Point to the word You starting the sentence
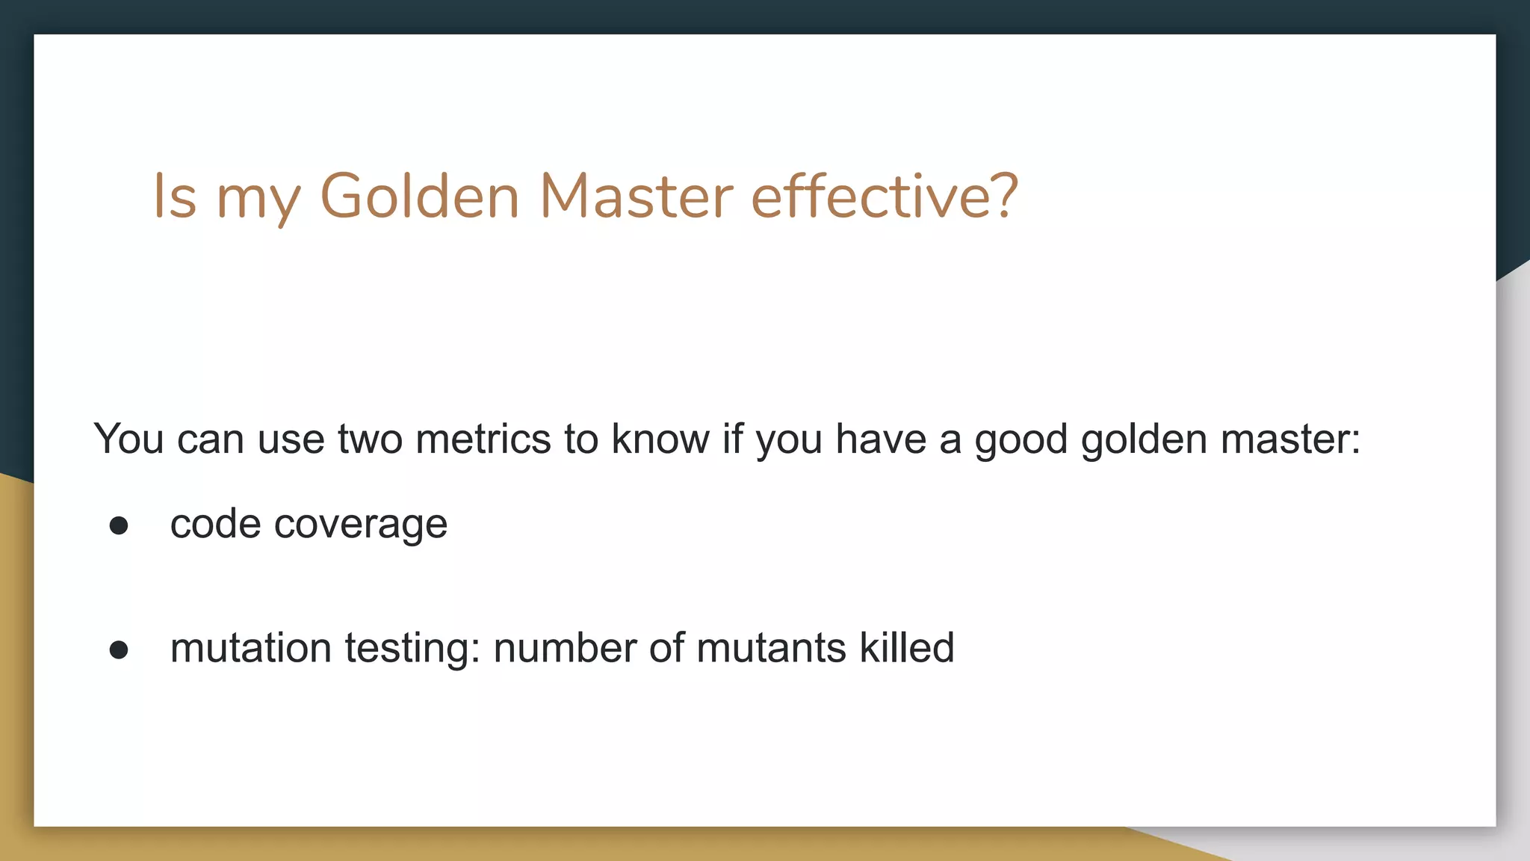click(128, 439)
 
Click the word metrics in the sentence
click(483, 439)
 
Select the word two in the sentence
click(369, 439)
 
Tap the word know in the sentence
click(660, 439)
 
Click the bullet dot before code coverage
click(119, 525)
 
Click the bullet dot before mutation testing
click(119, 649)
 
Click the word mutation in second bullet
click(251, 648)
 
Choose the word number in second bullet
click(564, 648)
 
